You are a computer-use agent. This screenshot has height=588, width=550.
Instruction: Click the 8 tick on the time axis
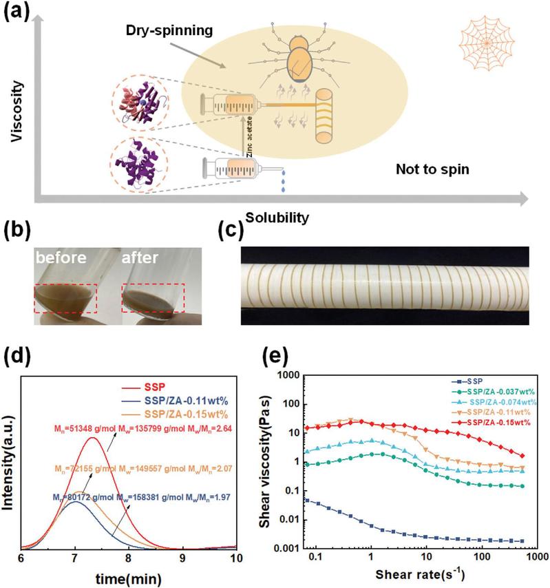pos(128,558)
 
